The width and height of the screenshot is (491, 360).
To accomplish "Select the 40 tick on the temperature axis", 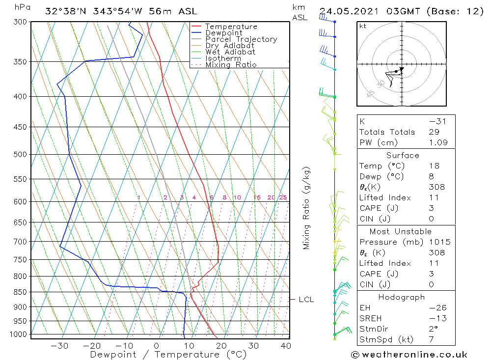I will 285,346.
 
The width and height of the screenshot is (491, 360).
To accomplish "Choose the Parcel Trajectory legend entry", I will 241,39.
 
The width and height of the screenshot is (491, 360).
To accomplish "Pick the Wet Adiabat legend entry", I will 230,52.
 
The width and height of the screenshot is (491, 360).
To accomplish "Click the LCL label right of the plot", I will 306,300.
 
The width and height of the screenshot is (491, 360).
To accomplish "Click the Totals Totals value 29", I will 434,132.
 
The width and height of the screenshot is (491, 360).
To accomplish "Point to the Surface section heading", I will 403,155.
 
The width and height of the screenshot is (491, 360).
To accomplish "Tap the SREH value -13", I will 435,318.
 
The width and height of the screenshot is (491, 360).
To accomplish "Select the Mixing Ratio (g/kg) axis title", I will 307,208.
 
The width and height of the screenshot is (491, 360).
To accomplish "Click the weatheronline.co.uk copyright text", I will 409,354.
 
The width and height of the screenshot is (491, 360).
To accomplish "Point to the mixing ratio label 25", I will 283,197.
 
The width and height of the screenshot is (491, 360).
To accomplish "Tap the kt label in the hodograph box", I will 363,26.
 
